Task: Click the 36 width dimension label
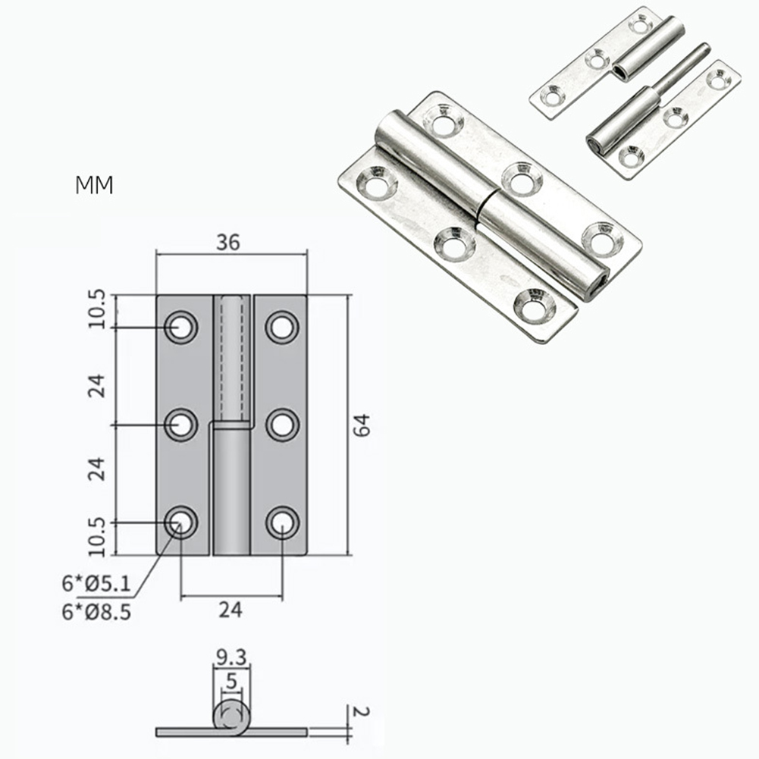(227, 243)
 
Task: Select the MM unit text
(94, 185)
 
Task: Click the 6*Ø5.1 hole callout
(96, 584)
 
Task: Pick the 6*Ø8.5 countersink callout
(96, 611)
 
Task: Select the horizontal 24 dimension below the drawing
(231, 609)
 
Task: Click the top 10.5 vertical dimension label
(97, 310)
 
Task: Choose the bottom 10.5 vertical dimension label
(97, 538)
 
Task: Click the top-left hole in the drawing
(180, 328)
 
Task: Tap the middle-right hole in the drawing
(282, 425)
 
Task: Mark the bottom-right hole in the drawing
(282, 522)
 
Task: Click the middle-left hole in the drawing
(180, 425)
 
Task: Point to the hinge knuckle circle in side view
(232, 717)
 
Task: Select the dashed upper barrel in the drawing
(231, 356)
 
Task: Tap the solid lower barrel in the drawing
(231, 489)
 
